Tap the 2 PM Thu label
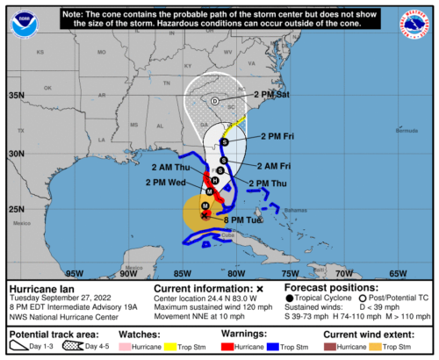coord(270,183)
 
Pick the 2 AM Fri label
coord(273,165)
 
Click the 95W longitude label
coord(75,272)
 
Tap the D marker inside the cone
coord(215,101)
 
